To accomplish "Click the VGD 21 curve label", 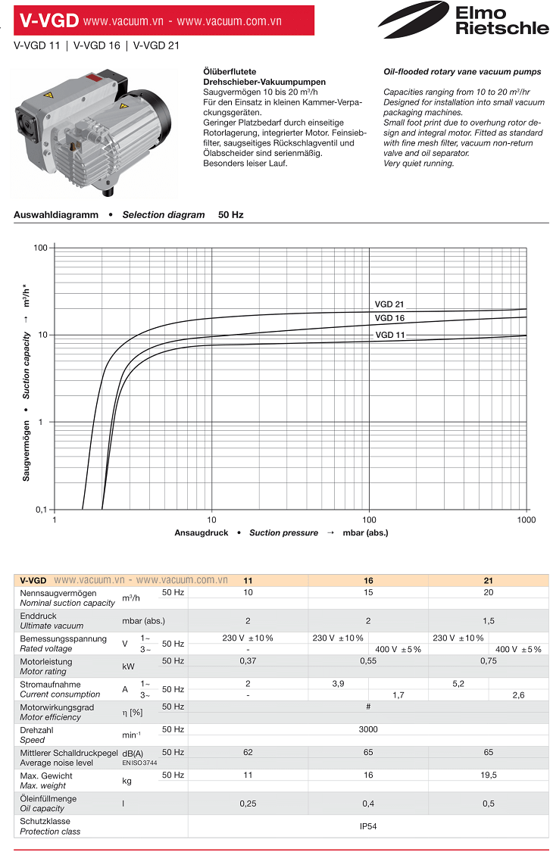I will coord(389,304).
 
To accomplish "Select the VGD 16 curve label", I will coord(389,318).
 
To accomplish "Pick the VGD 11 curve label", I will coord(389,335).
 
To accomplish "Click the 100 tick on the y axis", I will coord(40,248).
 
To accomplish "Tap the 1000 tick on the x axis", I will coord(526,520).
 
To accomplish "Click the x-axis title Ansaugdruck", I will coord(202,532).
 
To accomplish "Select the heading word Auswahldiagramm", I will coord(56,215).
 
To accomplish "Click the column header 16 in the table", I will coord(368,580).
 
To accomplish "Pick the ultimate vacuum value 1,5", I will coord(488,620).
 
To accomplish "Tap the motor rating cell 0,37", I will coord(248,661).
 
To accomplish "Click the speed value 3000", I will coord(368,729).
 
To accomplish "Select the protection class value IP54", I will coord(368,826).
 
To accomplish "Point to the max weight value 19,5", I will coord(488,775).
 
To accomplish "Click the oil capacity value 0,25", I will coord(248,803).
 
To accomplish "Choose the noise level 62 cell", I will coord(248,753).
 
